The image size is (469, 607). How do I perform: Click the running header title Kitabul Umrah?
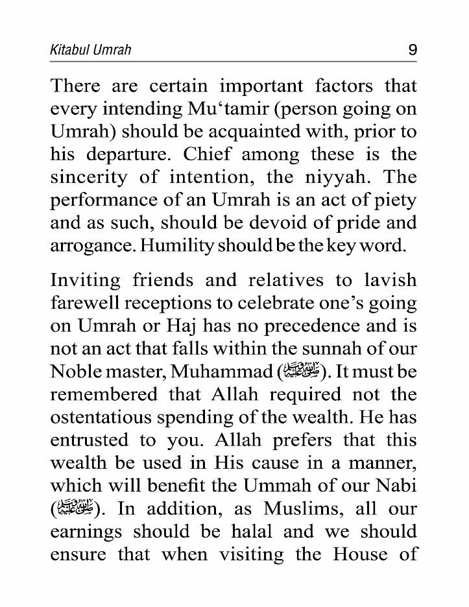coord(90,49)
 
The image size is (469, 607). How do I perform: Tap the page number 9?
coord(413,49)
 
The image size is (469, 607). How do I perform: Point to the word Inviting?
coord(86,280)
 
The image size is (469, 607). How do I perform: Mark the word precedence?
coord(330,326)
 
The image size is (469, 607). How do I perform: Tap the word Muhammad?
coord(215,372)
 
